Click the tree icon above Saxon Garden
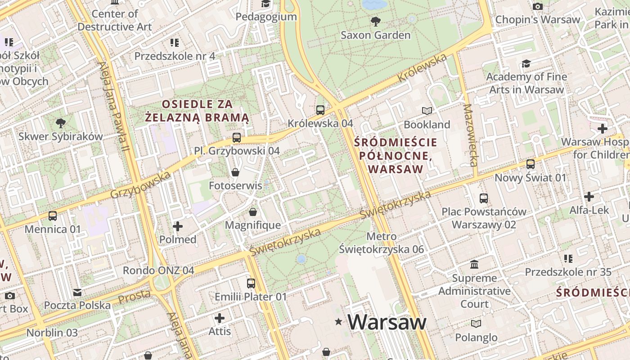pos(375,21)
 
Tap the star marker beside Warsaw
pos(338,321)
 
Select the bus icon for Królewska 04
pos(320,110)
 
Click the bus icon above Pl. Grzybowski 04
pos(237,137)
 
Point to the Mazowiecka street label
pos(471,135)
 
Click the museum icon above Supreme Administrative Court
pos(474,264)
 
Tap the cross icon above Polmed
pos(178,226)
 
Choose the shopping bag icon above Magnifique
pos(253,211)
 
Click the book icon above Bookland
pos(427,111)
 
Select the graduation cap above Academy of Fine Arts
pos(526,63)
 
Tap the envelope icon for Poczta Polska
pos(77,292)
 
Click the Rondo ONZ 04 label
pos(158,270)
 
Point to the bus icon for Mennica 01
pos(53,216)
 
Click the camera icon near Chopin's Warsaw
pos(537,6)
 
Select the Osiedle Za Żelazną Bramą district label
pos(197,111)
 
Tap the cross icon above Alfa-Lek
pos(589,197)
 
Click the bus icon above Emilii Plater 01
pos(251,283)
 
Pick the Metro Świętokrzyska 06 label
pos(381,243)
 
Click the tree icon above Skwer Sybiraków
pos(61,123)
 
